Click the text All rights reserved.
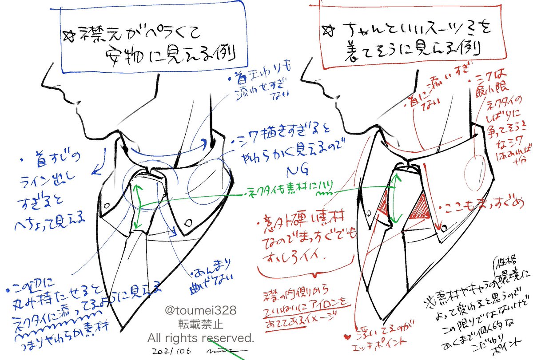point(201,338)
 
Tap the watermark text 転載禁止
point(201,324)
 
